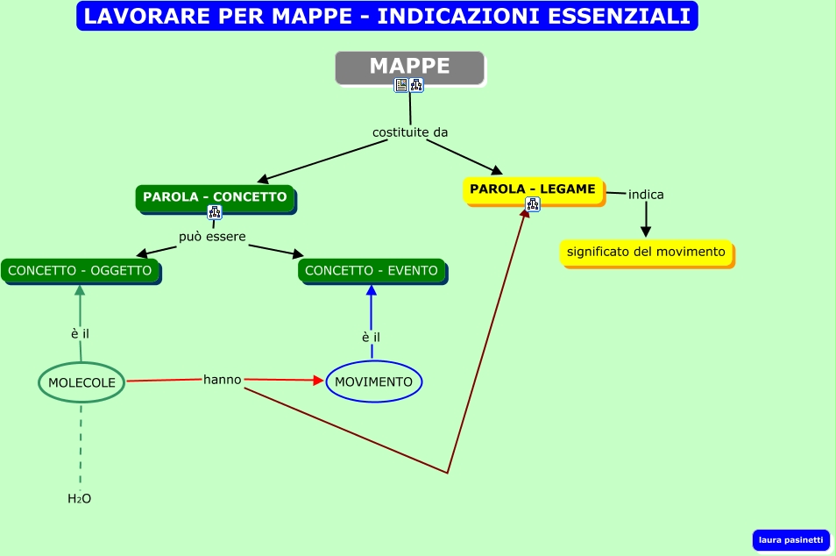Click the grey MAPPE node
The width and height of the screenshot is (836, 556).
pyautogui.click(x=409, y=67)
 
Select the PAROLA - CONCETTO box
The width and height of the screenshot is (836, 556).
pyautogui.click(x=215, y=197)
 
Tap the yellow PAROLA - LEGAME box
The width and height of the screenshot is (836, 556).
pyautogui.click(x=533, y=189)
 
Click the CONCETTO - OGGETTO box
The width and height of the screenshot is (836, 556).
pyautogui.click(x=80, y=270)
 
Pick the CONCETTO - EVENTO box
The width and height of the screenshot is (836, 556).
pyautogui.click(x=372, y=270)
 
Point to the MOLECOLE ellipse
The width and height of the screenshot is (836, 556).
pyautogui.click(x=81, y=381)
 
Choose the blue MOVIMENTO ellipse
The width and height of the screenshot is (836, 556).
pyautogui.click(x=374, y=381)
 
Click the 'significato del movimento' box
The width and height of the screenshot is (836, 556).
pyautogui.click(x=646, y=252)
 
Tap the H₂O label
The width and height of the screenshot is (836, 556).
pyautogui.click(x=80, y=499)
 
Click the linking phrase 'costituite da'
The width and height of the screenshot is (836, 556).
pyautogui.click(x=410, y=132)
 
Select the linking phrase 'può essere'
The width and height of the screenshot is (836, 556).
pyautogui.click(x=212, y=237)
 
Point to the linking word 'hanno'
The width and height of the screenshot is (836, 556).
pyautogui.click(x=223, y=380)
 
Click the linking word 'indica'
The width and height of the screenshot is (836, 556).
pyautogui.click(x=646, y=194)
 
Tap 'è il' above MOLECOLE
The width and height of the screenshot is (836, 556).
pyautogui.click(x=80, y=333)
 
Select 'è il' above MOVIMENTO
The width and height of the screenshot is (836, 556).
pyautogui.click(x=371, y=337)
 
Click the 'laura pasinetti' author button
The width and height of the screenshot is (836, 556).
pyautogui.click(x=790, y=539)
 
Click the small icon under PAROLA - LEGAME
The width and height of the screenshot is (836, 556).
pyautogui.click(x=533, y=205)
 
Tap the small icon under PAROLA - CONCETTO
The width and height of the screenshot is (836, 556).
pyautogui.click(x=215, y=212)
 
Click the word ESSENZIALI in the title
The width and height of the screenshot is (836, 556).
pyautogui.click(x=604, y=16)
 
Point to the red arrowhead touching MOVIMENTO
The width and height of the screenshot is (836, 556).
pyautogui.click(x=319, y=381)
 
